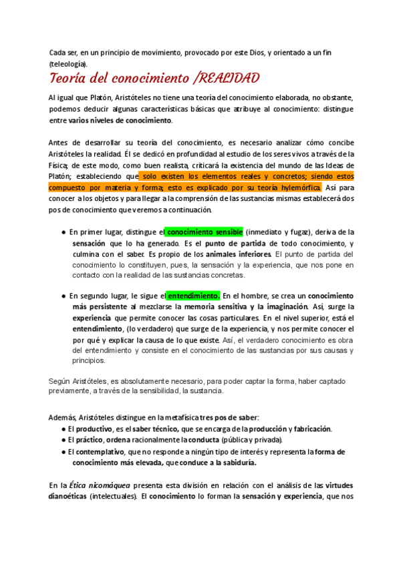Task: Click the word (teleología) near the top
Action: click(x=68, y=63)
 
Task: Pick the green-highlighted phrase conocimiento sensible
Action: click(x=205, y=231)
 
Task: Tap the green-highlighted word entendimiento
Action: click(x=193, y=296)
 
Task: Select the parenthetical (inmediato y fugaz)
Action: click(x=279, y=231)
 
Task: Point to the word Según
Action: click(x=59, y=380)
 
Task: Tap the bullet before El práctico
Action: click(x=62, y=440)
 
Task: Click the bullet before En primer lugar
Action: click(x=62, y=232)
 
